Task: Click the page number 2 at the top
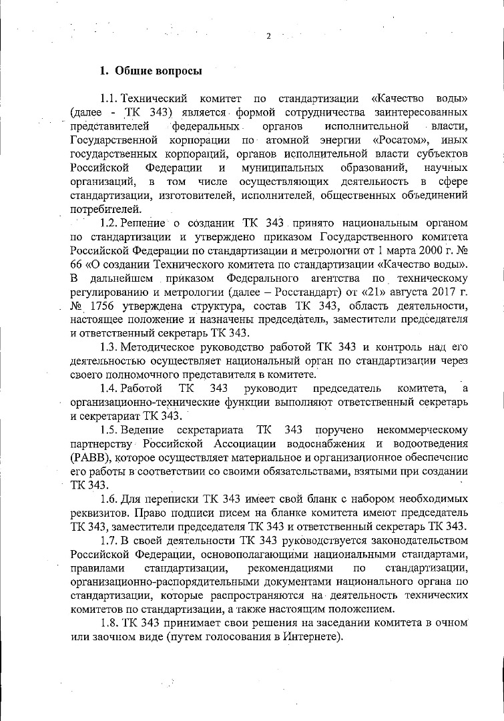[x=268, y=36]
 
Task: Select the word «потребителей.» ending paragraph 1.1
[x=103, y=209]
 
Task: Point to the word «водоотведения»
[x=430, y=445]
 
